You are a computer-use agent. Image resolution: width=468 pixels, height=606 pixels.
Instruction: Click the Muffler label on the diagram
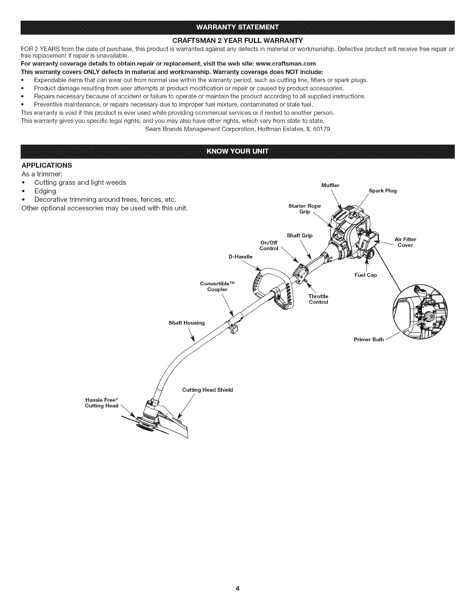coord(330,186)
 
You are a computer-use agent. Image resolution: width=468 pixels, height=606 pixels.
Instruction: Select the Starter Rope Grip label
coord(304,209)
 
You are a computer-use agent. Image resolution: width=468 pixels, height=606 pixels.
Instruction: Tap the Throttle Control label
coord(318,299)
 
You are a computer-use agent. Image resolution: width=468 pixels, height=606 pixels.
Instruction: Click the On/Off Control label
coord(268,245)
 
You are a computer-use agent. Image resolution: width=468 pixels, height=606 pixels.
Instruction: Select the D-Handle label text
coord(240,257)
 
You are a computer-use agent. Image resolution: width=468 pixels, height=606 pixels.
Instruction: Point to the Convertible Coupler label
coord(217,286)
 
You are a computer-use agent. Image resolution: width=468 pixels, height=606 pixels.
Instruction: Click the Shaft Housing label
coord(187,323)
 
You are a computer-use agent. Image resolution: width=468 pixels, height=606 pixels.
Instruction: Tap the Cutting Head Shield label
coord(207,390)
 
